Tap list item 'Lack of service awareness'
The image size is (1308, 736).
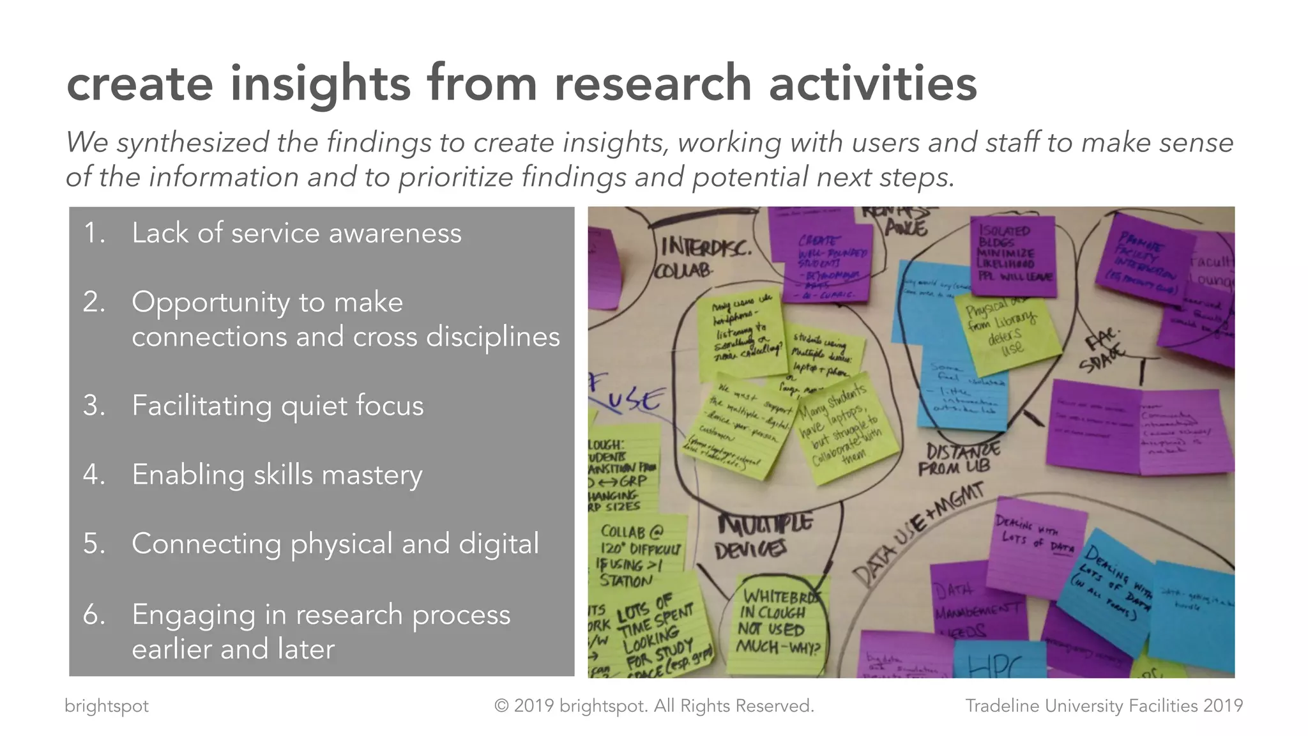296,233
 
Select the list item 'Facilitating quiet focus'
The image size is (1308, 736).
277,406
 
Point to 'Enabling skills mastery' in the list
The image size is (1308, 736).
277,475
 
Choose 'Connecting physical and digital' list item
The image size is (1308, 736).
335,544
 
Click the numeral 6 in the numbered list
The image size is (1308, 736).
93,615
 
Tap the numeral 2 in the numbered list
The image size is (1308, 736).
93,302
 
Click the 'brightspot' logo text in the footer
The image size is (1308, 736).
107,706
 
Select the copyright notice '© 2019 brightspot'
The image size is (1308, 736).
654,706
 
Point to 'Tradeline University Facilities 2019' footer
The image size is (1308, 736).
1104,706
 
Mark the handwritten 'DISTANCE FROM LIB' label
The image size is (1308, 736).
958,459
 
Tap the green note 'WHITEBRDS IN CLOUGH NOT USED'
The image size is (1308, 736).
776,623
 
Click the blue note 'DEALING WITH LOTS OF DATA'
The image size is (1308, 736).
1111,585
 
